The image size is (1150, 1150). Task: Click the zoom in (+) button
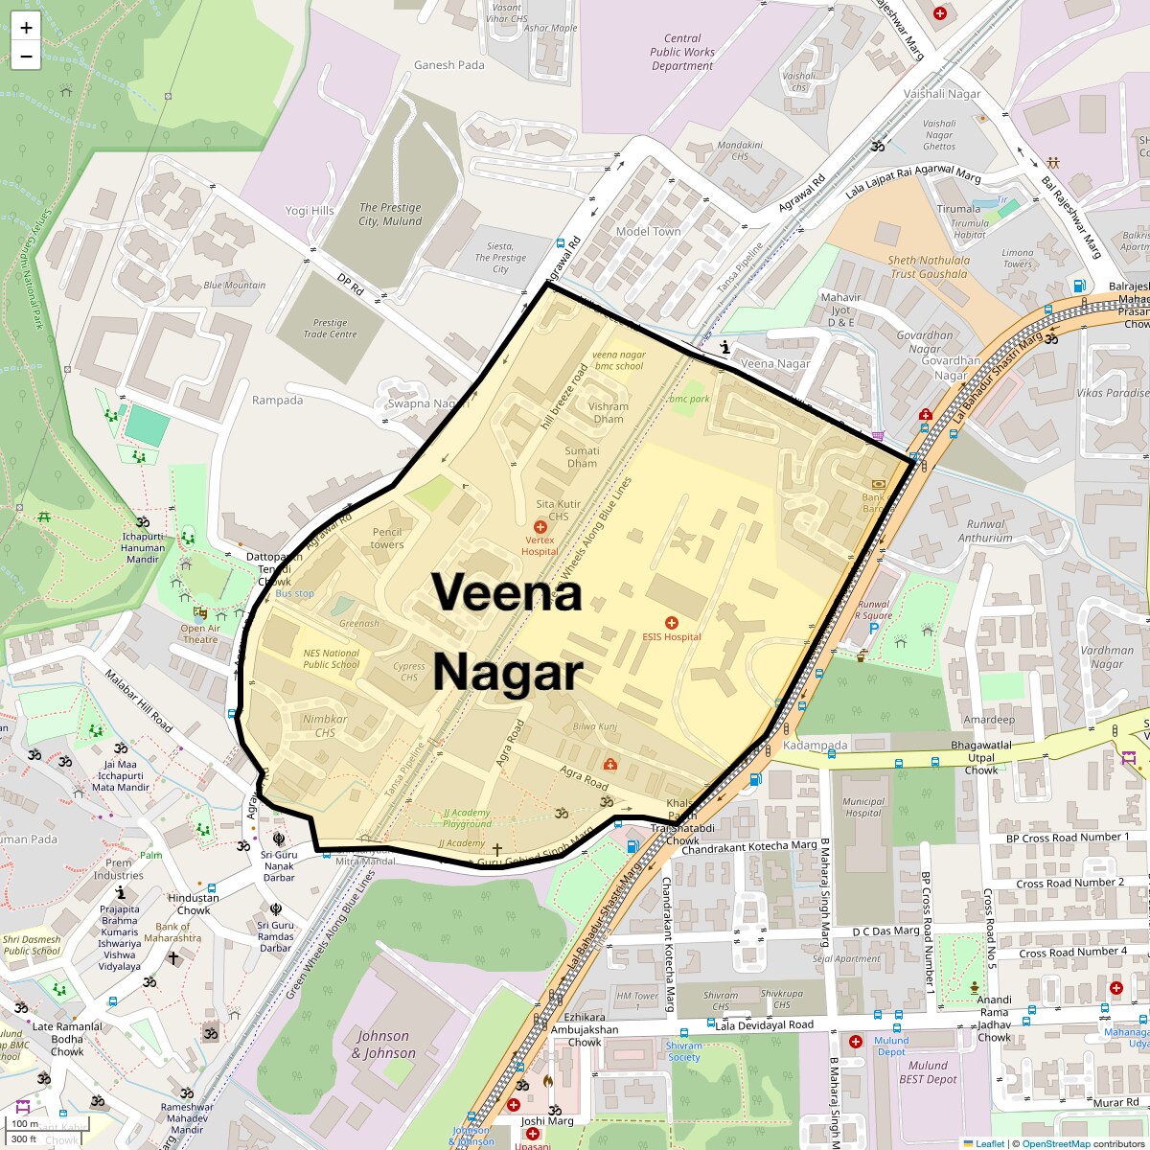tap(26, 28)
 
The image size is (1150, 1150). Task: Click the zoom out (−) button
tap(26, 57)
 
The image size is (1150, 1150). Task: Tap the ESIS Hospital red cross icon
tap(672, 623)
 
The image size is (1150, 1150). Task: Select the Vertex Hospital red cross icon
tap(540, 527)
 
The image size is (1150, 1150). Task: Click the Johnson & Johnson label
tap(383, 1045)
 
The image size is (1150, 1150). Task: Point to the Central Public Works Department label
tap(682, 53)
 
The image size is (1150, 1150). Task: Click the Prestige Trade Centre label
tap(331, 329)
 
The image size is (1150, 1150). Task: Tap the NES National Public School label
tap(332, 658)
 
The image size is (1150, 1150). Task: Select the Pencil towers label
tap(387, 539)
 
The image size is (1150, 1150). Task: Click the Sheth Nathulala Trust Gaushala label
tap(928, 266)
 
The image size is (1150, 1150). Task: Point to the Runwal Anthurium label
tap(985, 531)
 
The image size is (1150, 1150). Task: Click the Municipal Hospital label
tap(862, 807)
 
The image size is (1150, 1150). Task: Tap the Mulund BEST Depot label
tap(928, 1071)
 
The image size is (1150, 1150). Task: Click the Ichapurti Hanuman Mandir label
tap(142, 547)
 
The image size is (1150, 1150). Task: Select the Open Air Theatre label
tap(199, 633)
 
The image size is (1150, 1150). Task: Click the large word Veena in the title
tap(507, 592)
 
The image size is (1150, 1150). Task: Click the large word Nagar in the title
tap(507, 673)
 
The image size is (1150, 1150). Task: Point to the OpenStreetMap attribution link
tap(1055, 1143)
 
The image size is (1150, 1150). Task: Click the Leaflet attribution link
tap(989, 1143)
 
